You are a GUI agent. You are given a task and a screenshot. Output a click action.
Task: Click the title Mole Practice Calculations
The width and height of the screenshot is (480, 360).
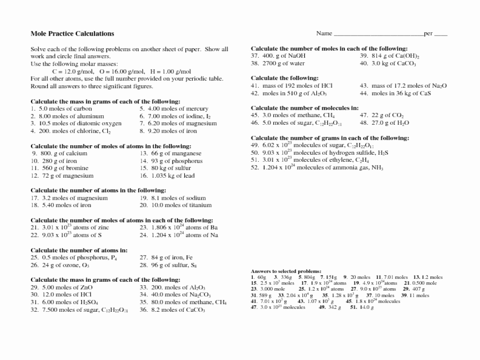point(72,34)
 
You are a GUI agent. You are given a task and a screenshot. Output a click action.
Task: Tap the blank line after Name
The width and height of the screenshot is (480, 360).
point(378,34)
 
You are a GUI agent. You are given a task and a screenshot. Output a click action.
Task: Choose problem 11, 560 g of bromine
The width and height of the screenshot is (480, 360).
point(60,168)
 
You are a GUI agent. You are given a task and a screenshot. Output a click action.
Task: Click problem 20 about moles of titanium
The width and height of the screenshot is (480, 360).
point(176,205)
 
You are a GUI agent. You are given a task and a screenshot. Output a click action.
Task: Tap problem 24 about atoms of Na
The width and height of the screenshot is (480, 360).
point(179,235)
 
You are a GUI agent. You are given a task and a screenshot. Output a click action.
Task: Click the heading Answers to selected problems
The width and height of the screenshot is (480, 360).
point(286,271)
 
